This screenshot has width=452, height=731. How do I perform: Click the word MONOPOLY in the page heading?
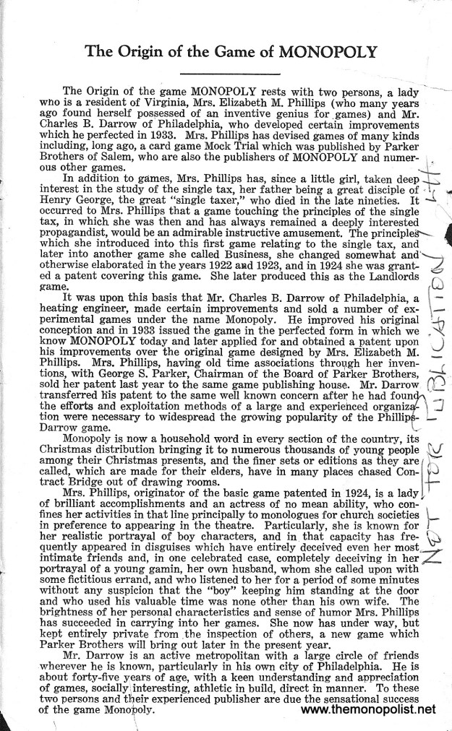[x=318, y=52]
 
